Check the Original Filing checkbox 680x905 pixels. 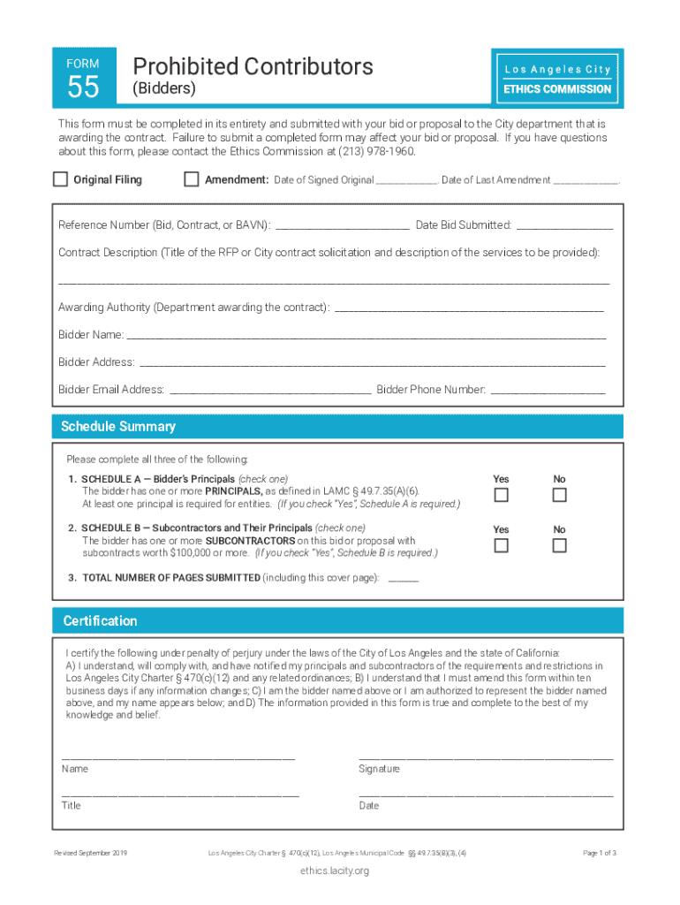pyautogui.click(x=60, y=179)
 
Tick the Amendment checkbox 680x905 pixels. pyautogui.click(x=191, y=179)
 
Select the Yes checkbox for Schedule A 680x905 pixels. pyautogui.click(x=501, y=495)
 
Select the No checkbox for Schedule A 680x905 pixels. pyautogui.click(x=559, y=495)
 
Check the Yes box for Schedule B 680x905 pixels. pyautogui.click(x=501, y=545)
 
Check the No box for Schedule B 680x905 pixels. pyautogui.click(x=559, y=545)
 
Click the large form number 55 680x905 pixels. pyautogui.click(x=83, y=87)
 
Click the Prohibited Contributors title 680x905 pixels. pyautogui.click(x=253, y=66)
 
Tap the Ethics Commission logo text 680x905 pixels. pyautogui.click(x=557, y=88)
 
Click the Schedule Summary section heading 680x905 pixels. pyautogui.click(x=118, y=427)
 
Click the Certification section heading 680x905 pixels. pyautogui.click(x=100, y=621)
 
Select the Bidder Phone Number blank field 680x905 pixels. pyautogui.click(x=548, y=391)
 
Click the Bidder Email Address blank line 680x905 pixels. pyautogui.click(x=269, y=391)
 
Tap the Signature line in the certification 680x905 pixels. pyautogui.click(x=485, y=757)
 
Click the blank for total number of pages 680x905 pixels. pyautogui.click(x=403, y=579)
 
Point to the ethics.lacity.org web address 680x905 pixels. pyautogui.click(x=334, y=871)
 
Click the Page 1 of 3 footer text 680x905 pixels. pyautogui.click(x=600, y=853)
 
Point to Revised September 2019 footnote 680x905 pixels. pyautogui.click(x=91, y=853)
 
